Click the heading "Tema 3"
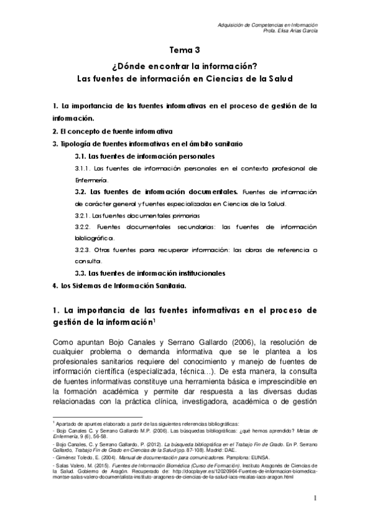pyautogui.click(x=185, y=51)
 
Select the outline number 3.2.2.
pyautogui.click(x=83, y=227)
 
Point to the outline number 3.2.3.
pyautogui.click(x=83, y=251)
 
